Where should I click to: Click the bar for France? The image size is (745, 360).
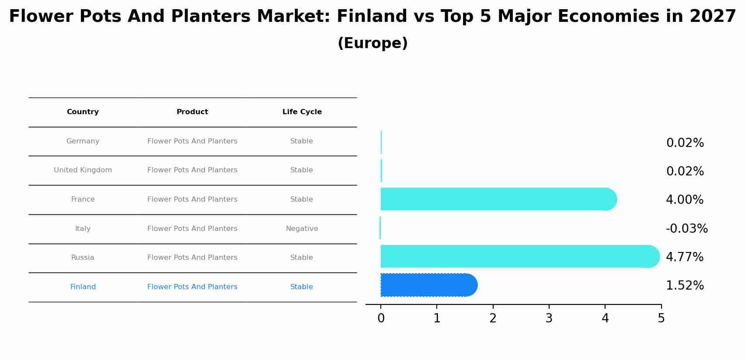(x=494, y=199)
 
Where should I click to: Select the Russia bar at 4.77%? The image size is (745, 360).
(x=516, y=256)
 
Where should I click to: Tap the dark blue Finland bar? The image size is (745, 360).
(x=426, y=285)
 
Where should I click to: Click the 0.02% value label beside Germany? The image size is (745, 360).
(x=685, y=143)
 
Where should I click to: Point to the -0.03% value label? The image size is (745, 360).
(x=686, y=228)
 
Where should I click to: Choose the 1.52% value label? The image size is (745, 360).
(x=685, y=286)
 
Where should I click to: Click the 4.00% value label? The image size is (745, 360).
(x=685, y=200)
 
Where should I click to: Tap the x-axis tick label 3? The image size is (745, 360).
(x=549, y=318)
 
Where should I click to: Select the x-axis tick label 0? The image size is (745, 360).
(x=381, y=318)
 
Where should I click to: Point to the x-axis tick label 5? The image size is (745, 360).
(x=661, y=318)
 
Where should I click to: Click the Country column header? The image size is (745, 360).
(x=83, y=112)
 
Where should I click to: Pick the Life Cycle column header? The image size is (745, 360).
(x=302, y=112)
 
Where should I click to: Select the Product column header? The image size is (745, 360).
(x=192, y=112)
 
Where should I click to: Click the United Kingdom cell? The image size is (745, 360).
(x=83, y=170)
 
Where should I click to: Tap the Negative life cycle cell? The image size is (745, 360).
(x=302, y=229)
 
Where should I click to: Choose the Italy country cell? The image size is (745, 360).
(x=83, y=229)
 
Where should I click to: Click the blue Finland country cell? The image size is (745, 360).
(x=83, y=287)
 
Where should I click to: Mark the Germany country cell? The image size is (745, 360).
(x=83, y=141)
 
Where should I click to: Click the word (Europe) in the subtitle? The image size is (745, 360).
(x=372, y=43)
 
